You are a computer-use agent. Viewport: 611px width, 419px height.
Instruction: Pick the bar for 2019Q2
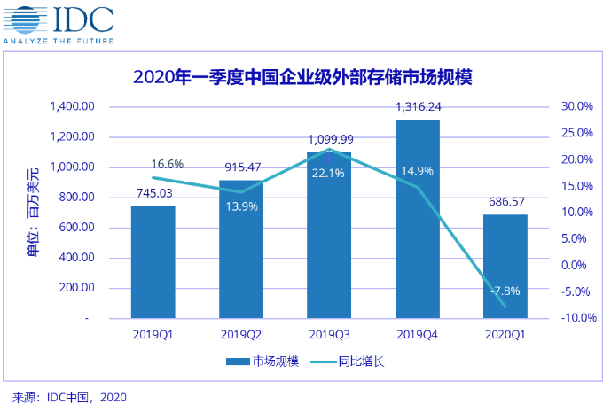click(x=241, y=257)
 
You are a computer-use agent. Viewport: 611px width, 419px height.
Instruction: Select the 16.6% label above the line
click(x=168, y=164)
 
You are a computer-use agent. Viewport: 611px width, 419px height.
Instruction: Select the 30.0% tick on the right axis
click(x=577, y=107)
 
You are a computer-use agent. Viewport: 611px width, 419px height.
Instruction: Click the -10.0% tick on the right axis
click(x=576, y=318)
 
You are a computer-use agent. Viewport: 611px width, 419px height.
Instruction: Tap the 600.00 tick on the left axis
click(x=81, y=228)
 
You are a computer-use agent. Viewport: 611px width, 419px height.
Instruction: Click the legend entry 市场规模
click(x=263, y=361)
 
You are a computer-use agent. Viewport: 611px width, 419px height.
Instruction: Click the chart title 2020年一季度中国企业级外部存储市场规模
click(x=302, y=77)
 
